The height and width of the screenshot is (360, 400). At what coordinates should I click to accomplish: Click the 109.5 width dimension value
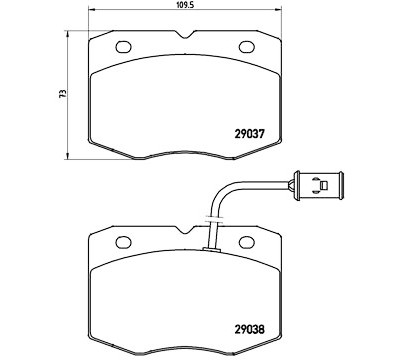click(x=185, y=5)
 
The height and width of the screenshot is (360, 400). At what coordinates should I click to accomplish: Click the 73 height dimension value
click(x=62, y=93)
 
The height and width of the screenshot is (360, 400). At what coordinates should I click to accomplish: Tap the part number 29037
click(x=250, y=134)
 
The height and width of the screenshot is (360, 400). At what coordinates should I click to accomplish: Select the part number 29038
click(x=250, y=330)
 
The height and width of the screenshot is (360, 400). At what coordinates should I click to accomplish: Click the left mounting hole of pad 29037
click(x=124, y=47)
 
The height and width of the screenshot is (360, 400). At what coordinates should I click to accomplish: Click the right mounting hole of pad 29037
click(x=247, y=47)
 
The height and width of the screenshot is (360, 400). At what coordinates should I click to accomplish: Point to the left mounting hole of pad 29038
click(x=124, y=242)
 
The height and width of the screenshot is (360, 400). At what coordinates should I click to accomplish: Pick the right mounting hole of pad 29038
click(x=247, y=242)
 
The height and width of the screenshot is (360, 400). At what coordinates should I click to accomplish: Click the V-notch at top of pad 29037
click(x=185, y=35)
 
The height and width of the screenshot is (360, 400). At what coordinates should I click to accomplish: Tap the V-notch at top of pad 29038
click(x=185, y=230)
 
